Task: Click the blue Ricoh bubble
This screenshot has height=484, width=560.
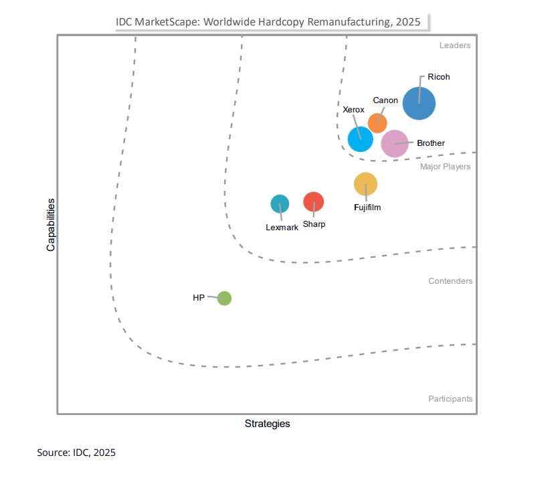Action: pos(419,104)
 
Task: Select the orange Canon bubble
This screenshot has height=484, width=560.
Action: pos(377,123)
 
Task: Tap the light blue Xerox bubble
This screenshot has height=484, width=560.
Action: pos(360,139)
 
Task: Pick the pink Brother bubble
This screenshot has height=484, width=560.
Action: pos(394,143)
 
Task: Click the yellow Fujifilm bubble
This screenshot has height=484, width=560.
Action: pos(365,183)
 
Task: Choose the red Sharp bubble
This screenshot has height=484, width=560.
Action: pos(313,201)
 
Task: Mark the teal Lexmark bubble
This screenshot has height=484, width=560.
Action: pos(280,204)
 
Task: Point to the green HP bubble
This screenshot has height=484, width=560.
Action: pos(224,299)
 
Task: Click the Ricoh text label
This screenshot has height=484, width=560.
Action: pos(439,77)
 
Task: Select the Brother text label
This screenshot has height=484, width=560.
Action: pos(430,143)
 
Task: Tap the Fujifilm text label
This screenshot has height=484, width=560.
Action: pos(367,208)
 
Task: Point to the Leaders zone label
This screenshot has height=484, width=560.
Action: pos(455,46)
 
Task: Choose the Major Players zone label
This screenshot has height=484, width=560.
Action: pos(445,167)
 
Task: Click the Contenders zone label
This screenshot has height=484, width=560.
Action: pos(450,281)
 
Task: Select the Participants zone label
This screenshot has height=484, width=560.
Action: pos(450,399)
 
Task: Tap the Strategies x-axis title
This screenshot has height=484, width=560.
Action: pos(267,424)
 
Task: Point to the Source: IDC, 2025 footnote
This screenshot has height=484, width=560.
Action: pos(76,453)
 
